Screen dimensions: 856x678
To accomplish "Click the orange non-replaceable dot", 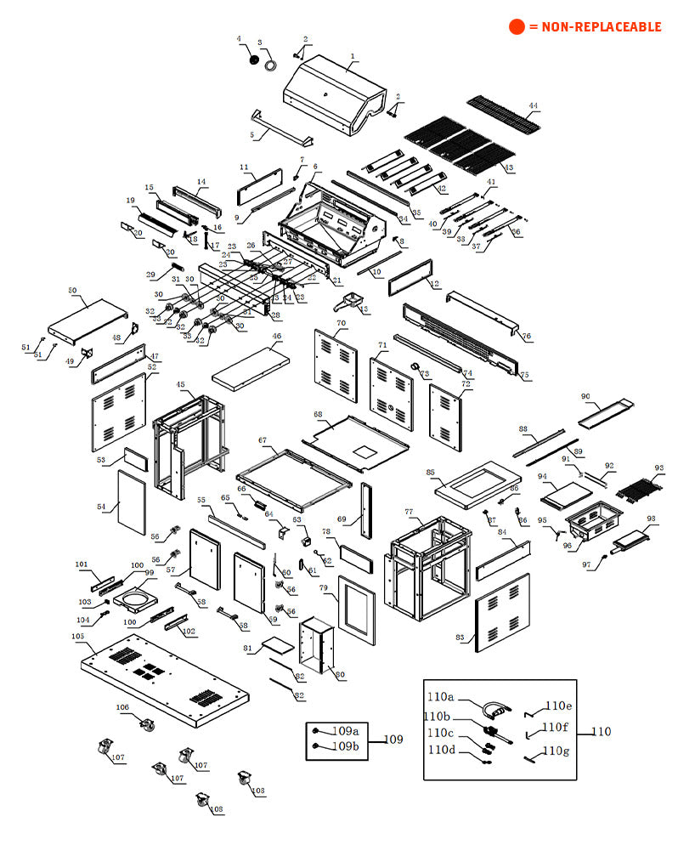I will (x=517, y=26).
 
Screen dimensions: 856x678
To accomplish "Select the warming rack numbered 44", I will (x=503, y=115).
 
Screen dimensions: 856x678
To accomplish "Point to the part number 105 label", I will (x=77, y=636).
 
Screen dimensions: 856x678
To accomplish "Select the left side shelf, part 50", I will (x=88, y=317).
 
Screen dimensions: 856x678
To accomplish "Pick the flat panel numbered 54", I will (x=131, y=503).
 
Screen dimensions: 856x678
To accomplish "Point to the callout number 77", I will (x=409, y=512).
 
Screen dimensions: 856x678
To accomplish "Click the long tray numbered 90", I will (x=606, y=411).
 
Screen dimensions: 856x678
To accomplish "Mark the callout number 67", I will (x=263, y=440).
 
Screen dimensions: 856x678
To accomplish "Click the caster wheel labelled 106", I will (x=149, y=725).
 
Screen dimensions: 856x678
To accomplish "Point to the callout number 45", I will (x=181, y=384).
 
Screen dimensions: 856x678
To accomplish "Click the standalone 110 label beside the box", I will (x=601, y=731).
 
